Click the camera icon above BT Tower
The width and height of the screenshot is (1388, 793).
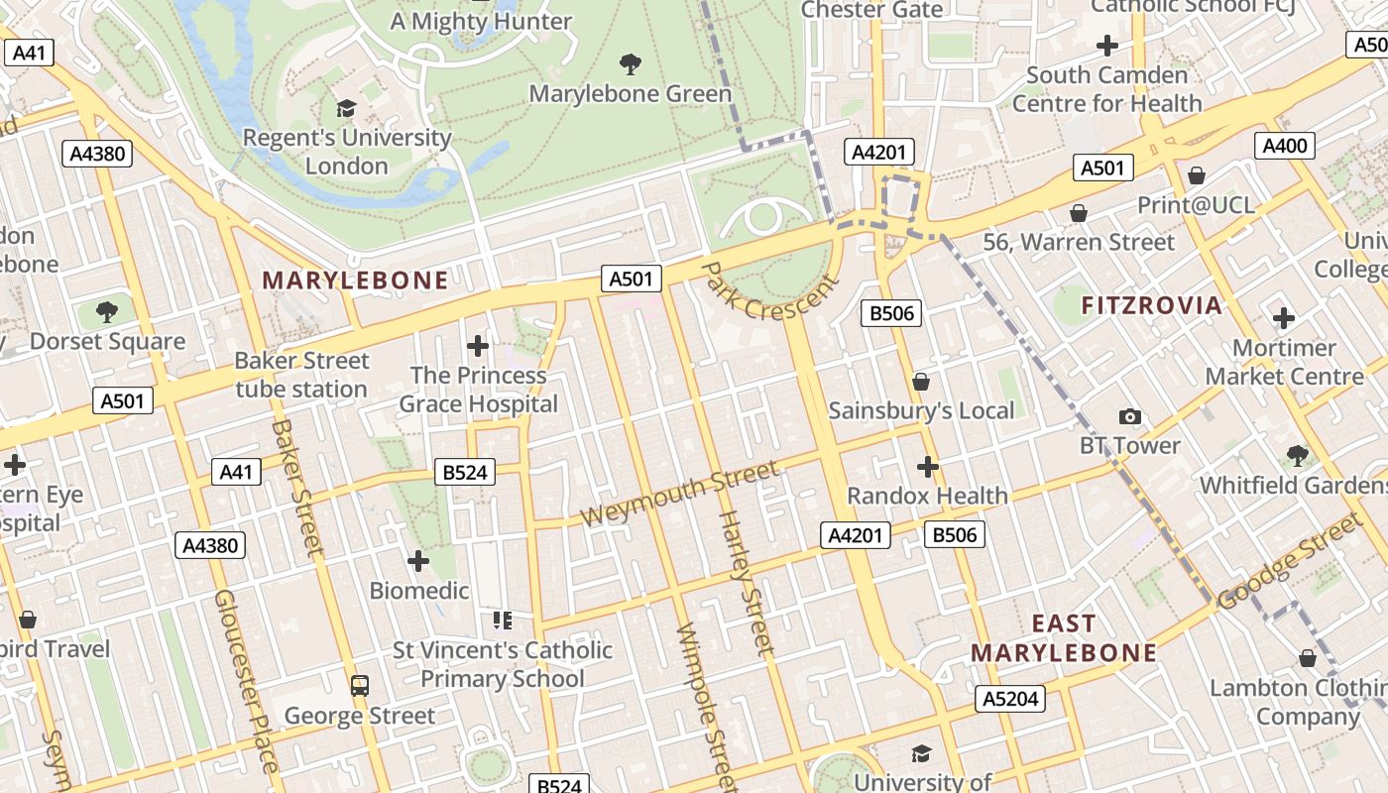click(x=1129, y=417)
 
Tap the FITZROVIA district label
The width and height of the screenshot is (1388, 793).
click(x=1151, y=305)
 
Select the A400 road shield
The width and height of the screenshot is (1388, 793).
click(x=1285, y=146)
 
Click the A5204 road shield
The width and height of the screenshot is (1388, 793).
click(x=1010, y=699)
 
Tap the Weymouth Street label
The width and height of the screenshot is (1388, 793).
click(x=679, y=494)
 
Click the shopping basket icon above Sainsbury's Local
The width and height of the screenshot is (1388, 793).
click(x=921, y=382)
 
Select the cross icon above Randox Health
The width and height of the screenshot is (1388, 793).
click(x=927, y=466)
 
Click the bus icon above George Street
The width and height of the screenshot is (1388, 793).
click(x=360, y=685)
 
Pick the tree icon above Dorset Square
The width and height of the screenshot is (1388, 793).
click(x=107, y=313)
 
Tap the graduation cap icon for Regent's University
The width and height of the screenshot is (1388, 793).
click(x=346, y=108)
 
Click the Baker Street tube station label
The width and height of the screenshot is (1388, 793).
click(x=301, y=375)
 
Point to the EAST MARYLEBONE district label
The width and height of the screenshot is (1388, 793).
click(x=1064, y=638)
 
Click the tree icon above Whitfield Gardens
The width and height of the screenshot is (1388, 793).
click(x=1297, y=456)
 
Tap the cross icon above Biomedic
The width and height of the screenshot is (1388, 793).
click(x=418, y=561)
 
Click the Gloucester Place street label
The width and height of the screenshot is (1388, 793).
click(x=243, y=682)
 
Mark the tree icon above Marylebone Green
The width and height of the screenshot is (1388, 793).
click(x=630, y=65)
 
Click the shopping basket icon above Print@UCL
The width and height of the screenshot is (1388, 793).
click(x=1197, y=175)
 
